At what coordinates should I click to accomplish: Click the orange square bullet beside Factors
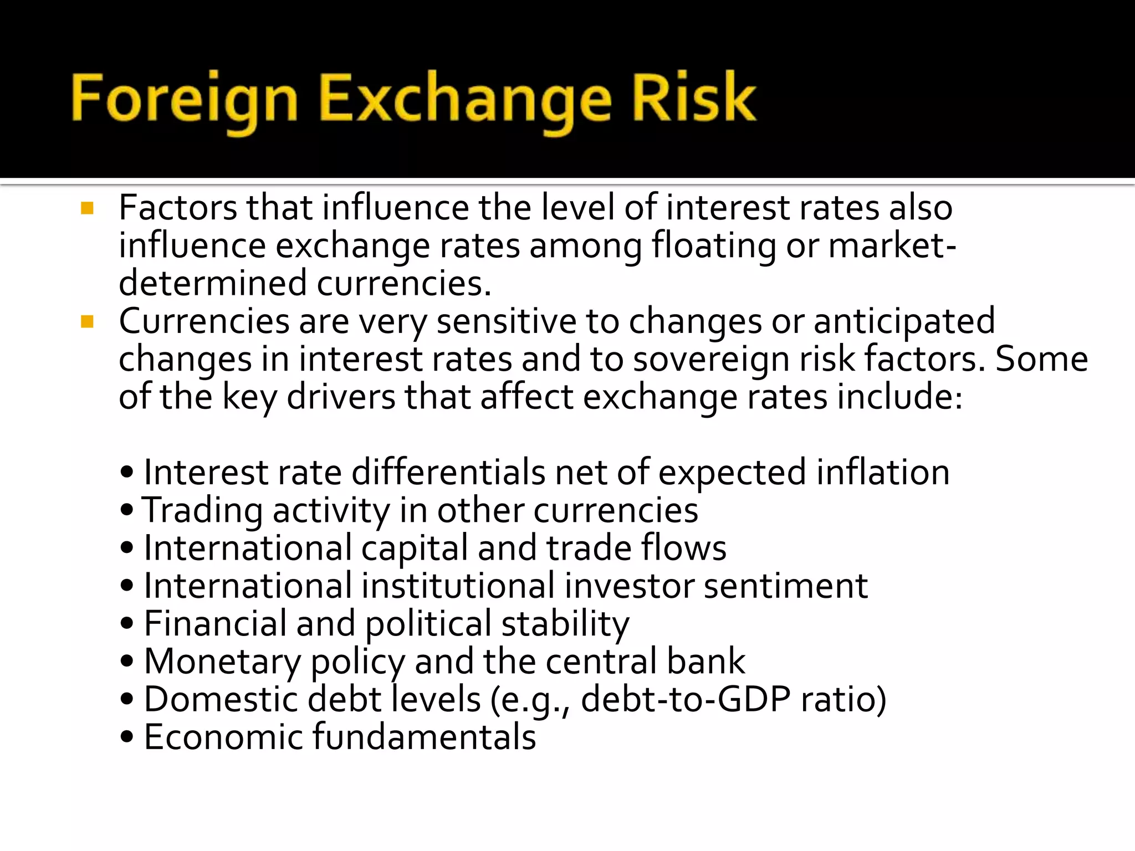[87, 208]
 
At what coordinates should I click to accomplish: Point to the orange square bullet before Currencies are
[87, 321]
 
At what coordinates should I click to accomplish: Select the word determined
[213, 283]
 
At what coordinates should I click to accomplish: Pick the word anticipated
[904, 321]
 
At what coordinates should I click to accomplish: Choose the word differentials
[448, 473]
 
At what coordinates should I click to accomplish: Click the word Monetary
[222, 662]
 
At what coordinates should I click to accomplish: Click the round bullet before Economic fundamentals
[127, 737]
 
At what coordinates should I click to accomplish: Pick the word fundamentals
[424, 737]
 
